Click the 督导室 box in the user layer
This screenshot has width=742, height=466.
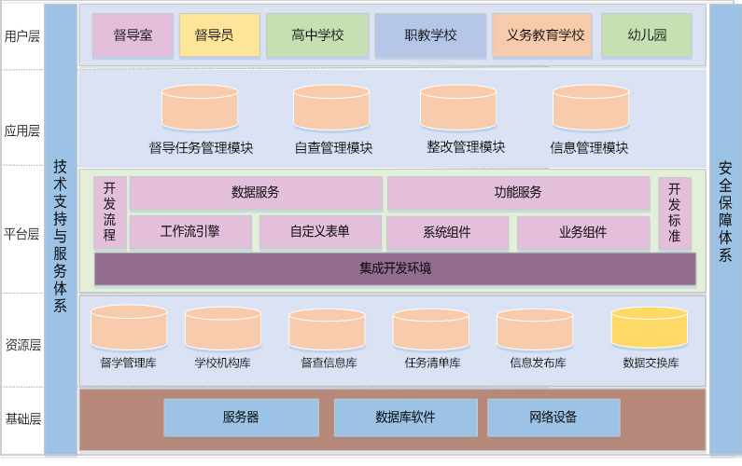point(133,35)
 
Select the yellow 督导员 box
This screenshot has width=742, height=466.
point(219,35)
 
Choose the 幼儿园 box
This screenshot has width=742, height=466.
point(647,35)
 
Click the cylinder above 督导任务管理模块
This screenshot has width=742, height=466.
point(200,108)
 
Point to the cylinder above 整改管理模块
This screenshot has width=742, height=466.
point(457,108)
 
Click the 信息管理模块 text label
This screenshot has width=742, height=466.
point(589,147)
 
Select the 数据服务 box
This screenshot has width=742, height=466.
point(256,193)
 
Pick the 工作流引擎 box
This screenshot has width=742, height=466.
point(190,232)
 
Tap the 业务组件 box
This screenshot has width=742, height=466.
point(582,232)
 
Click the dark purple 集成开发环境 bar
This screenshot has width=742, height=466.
point(395,268)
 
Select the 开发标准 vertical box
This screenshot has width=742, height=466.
point(674,212)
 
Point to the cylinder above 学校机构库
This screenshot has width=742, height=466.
point(223,329)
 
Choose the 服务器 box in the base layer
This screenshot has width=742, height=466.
point(241,418)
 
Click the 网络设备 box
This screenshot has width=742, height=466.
point(553,418)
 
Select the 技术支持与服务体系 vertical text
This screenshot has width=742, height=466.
point(61,233)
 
